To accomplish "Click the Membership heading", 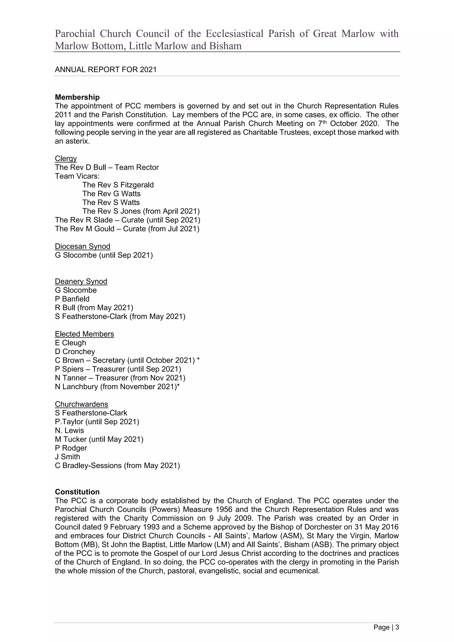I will pos(77,97).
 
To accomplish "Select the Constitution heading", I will pos(77,492).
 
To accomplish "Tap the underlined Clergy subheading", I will pos(66,159).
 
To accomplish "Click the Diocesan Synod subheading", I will pos(82,246).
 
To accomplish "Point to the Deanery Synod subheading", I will pos(81,281).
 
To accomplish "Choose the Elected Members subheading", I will pos(84,334).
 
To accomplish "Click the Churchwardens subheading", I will pos(81,404).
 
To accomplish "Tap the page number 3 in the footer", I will pos(397,627).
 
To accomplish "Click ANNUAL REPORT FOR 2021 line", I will pos(106,69).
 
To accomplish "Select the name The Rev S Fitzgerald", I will pos(118,185).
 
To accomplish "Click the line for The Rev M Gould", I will pos(127,229).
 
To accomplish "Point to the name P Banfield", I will pos(72,299).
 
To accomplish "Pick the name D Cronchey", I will pos(75,351).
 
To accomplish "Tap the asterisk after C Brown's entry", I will pos(198,360).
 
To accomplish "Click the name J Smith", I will pos(67,457).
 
